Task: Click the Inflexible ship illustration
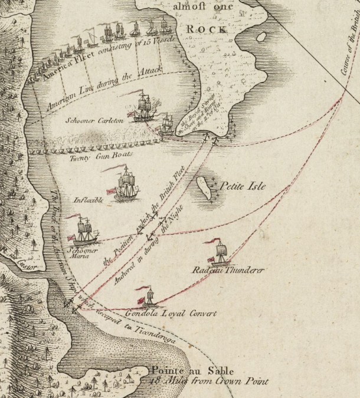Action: [x=125, y=185]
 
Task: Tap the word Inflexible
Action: [x=89, y=200]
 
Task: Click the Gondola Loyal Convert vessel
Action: [x=146, y=297]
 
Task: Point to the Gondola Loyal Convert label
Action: [x=171, y=313]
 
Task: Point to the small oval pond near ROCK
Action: [x=260, y=37]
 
